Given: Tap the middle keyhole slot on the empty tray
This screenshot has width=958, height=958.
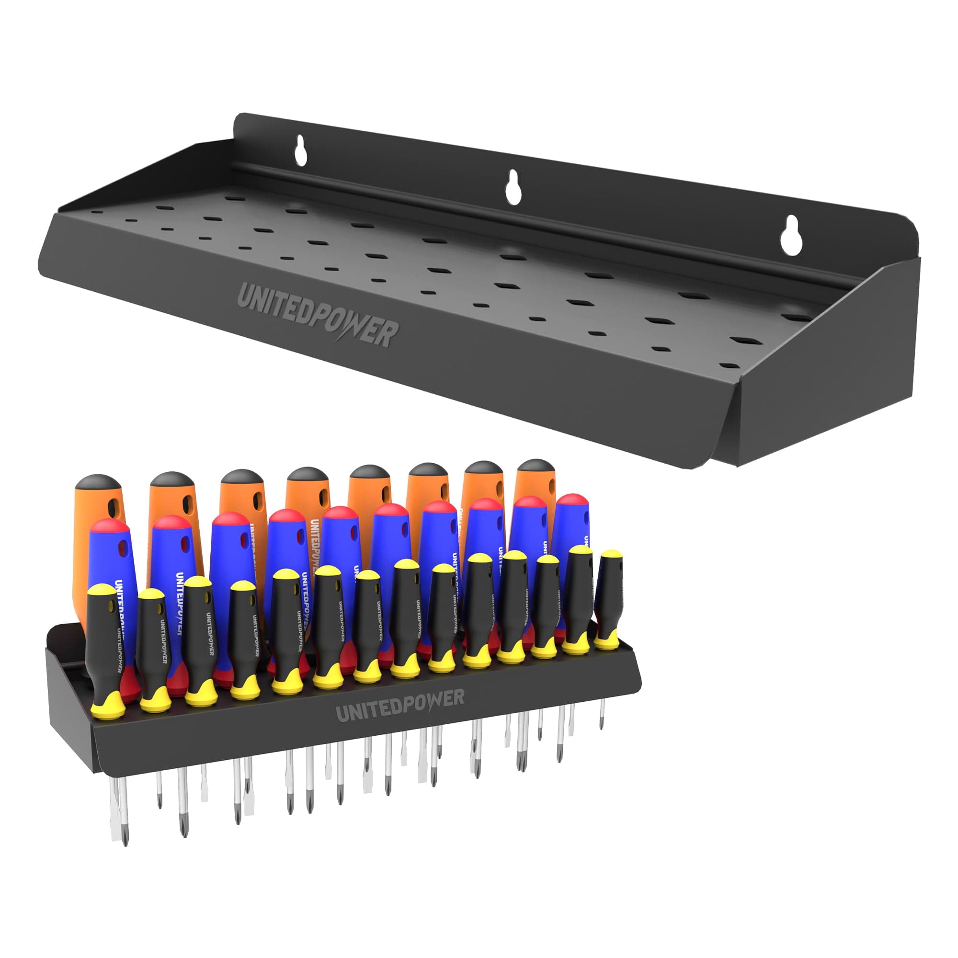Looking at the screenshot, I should click(513, 187).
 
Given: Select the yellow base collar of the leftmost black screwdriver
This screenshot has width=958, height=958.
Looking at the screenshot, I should click(109, 704).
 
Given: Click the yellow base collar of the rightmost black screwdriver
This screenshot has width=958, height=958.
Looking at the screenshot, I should click(606, 643).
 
